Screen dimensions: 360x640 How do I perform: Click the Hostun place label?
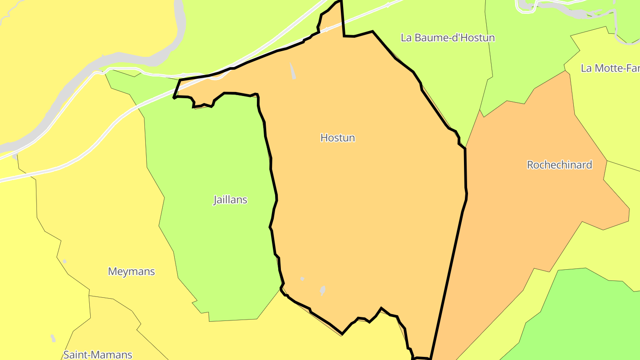tap(338, 138)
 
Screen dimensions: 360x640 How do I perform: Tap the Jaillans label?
tap(230, 200)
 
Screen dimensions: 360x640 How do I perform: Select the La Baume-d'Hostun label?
tap(448, 38)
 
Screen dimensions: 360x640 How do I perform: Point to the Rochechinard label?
tap(560, 165)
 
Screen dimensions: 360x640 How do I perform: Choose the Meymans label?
tap(132, 271)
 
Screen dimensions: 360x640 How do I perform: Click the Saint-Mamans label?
tap(98, 355)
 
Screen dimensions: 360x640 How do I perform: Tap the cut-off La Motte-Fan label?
tap(610, 68)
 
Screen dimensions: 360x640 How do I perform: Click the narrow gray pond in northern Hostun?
tap(293, 71)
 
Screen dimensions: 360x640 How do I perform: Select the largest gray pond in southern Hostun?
tap(323, 291)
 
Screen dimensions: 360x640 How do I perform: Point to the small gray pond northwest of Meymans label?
tap(64, 261)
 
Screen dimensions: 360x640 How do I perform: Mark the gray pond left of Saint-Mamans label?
tap(53, 338)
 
